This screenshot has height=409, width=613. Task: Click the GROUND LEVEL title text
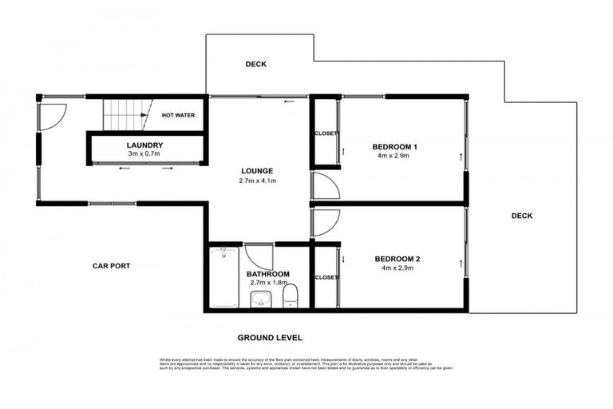263,338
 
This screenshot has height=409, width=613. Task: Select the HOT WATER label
178,115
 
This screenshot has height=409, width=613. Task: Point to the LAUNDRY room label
144,145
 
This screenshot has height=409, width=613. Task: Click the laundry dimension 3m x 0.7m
144,153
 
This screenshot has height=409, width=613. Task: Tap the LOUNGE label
258,171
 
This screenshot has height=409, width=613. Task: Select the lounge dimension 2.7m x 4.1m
258,181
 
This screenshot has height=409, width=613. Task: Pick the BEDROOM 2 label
396,258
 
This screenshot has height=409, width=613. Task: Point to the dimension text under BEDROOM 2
396,268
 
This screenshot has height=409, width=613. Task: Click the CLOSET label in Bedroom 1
326,133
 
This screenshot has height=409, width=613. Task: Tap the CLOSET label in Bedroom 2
326,277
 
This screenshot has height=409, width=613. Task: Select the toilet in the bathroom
291,295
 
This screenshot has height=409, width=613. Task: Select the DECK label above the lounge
255,65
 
